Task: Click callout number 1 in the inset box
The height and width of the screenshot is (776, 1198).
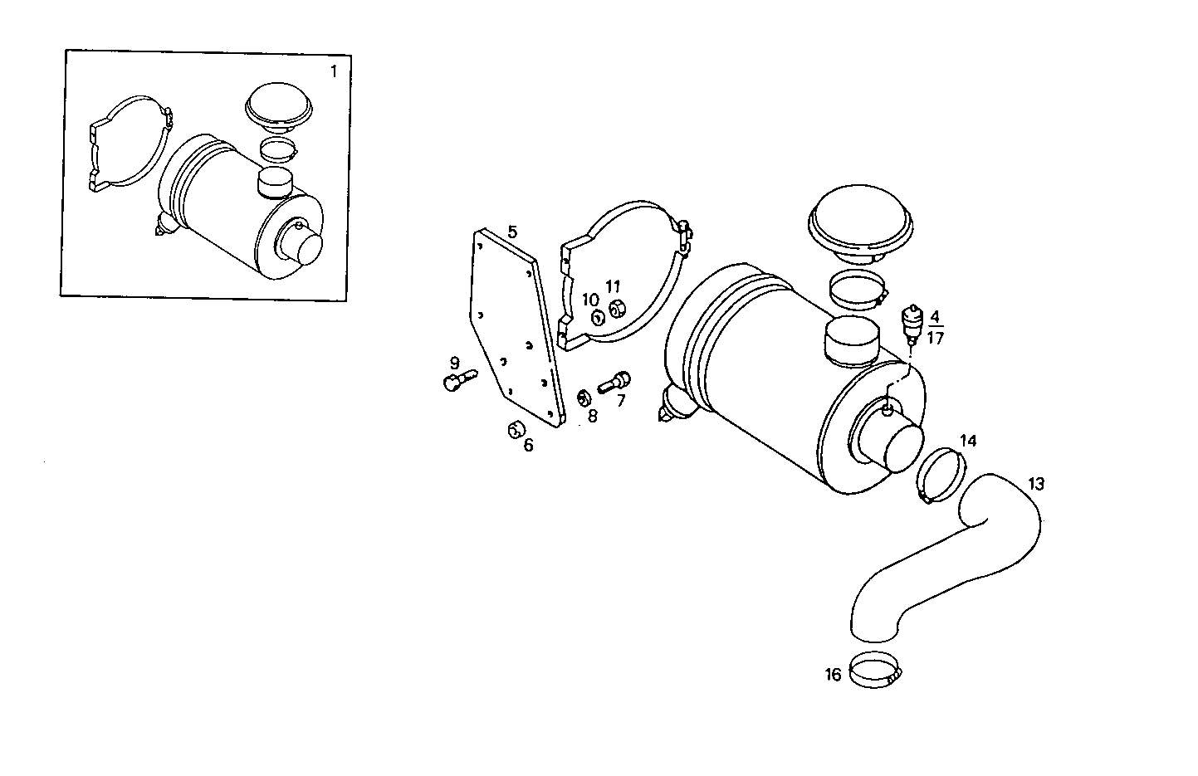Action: coord(334,71)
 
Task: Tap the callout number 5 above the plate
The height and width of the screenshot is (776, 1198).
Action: coord(512,232)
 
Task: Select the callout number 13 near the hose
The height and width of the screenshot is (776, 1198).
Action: coord(1036,483)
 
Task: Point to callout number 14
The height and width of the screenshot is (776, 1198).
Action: coord(968,440)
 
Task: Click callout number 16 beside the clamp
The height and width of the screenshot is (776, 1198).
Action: coord(833,674)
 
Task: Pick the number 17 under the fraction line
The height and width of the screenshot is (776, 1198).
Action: coord(935,338)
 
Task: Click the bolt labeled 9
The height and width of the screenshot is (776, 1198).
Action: coord(456,380)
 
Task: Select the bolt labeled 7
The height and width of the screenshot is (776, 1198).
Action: coord(614,383)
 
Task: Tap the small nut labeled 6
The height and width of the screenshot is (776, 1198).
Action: coord(515,429)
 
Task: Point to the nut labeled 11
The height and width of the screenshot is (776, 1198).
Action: coord(616,310)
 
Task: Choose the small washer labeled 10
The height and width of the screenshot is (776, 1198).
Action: coord(597,317)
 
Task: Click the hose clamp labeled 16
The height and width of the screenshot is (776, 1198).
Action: coord(874,670)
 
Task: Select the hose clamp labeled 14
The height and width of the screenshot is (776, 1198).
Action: coord(940,475)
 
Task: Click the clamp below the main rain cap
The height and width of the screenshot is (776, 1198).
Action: coord(858,289)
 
